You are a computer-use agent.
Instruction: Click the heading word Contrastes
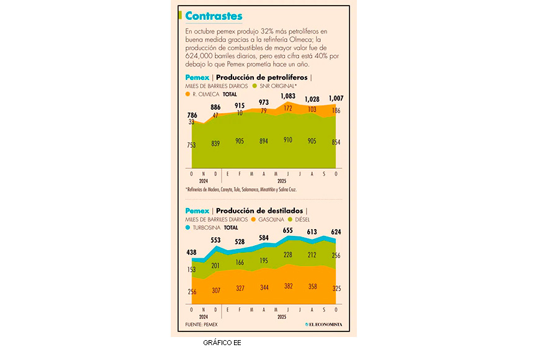click(x=214, y=16)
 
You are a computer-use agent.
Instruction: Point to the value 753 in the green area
click(x=191, y=145)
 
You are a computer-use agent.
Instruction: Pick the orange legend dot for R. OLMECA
click(x=187, y=94)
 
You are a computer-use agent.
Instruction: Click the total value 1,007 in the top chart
click(x=336, y=99)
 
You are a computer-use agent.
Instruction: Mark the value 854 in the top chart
click(x=336, y=142)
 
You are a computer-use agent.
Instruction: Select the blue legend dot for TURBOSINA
click(x=187, y=228)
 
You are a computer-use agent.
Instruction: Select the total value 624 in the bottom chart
click(x=336, y=232)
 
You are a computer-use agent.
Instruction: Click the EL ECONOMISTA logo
click(x=323, y=325)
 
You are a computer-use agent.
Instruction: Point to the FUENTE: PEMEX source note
click(x=201, y=325)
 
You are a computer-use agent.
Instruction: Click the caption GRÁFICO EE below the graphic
click(x=222, y=343)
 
